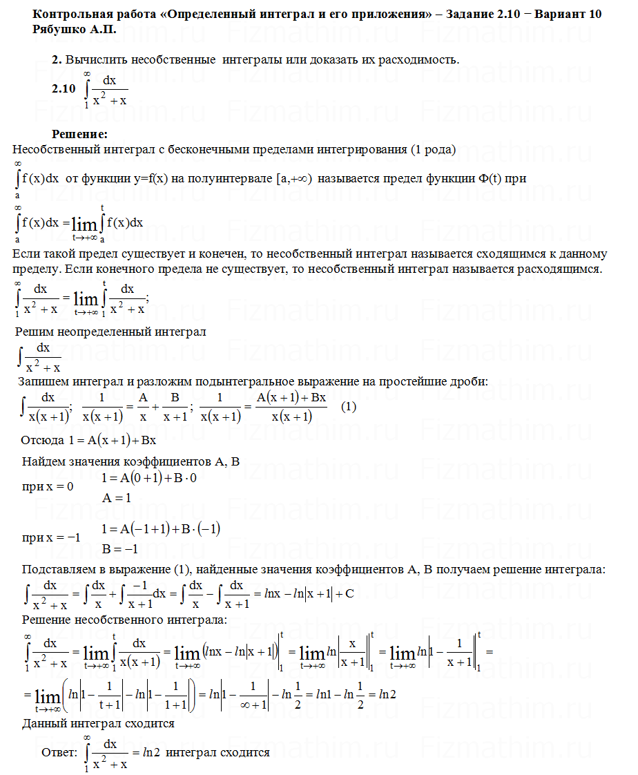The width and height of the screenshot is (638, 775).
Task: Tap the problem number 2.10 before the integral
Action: coord(63,88)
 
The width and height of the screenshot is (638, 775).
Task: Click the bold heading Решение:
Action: coord(80,133)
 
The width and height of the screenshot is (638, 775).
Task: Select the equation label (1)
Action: coord(349,407)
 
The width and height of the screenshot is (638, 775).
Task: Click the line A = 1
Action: coord(117,497)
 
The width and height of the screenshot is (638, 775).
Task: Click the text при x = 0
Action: coord(48,486)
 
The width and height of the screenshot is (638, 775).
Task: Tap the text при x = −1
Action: coord(51,538)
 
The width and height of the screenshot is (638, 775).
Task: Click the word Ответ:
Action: coord(59,752)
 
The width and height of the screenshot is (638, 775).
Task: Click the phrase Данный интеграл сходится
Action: coord(98,723)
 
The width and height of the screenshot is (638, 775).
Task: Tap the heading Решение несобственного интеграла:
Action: coord(124,620)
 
